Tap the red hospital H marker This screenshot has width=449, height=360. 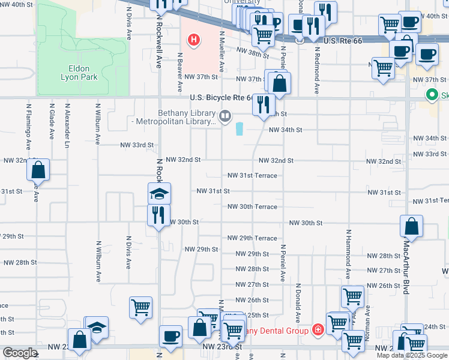pos(194,41)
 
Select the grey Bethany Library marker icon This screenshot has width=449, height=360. pos(225,115)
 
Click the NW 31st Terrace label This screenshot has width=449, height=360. pos(252,176)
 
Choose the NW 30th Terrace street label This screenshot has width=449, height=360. pos(252,207)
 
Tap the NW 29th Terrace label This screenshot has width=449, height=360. pos(252,238)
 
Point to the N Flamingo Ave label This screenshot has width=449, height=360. pos(28,126)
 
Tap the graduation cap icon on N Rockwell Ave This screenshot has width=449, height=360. pos(159,194)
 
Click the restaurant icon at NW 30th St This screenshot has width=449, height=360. pos(159,215)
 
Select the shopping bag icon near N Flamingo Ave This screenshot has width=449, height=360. pos(38,170)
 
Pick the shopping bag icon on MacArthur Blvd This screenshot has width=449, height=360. pos(412,226)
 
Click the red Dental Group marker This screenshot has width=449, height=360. pos(317,331)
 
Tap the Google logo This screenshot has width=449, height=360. pos(20,353)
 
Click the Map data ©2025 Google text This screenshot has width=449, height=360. pos(412,355)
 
